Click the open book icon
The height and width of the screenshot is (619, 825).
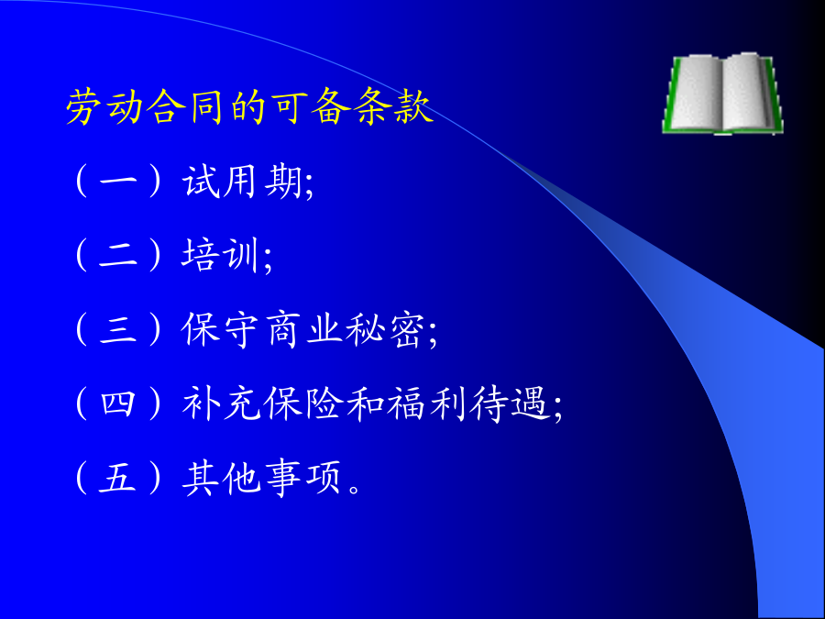click(723, 94)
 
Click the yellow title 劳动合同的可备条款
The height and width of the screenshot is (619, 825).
click(250, 107)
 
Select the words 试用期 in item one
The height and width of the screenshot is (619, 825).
click(243, 182)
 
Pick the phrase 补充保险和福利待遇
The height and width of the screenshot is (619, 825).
click(366, 404)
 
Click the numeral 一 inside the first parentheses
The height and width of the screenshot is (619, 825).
click(118, 182)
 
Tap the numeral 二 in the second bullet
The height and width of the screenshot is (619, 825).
click(118, 257)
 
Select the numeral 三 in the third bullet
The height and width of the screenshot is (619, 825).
click(118, 330)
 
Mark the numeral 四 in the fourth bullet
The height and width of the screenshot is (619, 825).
click(118, 404)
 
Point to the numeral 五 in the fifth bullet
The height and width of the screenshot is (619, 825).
click(118, 479)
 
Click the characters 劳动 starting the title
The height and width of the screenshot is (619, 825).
click(105, 107)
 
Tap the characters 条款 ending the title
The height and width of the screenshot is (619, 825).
click(394, 107)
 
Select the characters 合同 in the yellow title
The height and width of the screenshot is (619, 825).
click(187, 107)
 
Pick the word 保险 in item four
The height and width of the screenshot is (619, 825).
click(303, 404)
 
